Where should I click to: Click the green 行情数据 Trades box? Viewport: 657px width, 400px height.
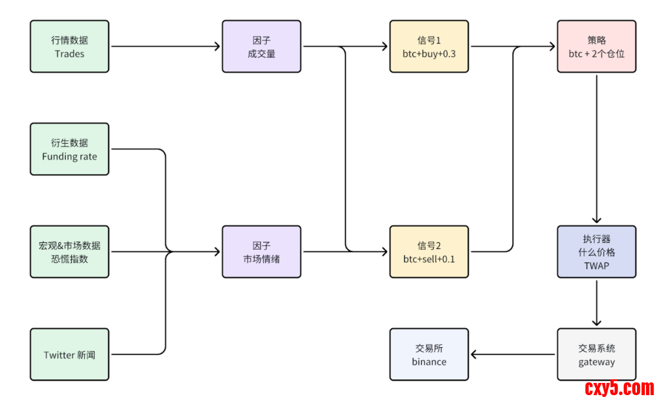(x=69, y=46)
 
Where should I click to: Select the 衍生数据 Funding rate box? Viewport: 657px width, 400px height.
(x=69, y=149)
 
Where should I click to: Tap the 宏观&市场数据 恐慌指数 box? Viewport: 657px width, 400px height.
(x=69, y=252)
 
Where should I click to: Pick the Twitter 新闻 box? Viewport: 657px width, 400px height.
(x=69, y=354)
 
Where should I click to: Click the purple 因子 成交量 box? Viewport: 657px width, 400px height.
(x=261, y=46)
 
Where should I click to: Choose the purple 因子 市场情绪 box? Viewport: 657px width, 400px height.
(x=261, y=252)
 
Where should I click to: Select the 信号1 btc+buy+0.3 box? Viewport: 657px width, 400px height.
(x=429, y=46)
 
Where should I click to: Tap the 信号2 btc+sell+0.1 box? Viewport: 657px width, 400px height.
(x=429, y=252)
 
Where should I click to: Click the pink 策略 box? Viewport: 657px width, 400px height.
(x=596, y=46)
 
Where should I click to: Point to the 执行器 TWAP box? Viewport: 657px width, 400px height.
(x=596, y=252)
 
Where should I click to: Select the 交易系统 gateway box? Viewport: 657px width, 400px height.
(x=596, y=354)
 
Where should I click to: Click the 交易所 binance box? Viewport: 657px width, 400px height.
(x=429, y=354)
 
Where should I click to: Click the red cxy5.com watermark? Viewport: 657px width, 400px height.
(x=619, y=387)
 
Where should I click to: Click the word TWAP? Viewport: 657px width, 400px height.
(x=596, y=265)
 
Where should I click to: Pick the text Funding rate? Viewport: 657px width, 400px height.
(x=69, y=156)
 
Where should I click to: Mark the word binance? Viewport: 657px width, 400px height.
(x=429, y=362)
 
